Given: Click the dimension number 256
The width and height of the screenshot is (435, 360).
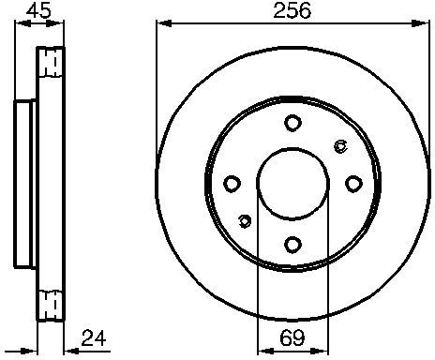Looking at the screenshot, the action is tap(292, 10).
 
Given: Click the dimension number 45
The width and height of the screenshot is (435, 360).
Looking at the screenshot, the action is tap(38, 10).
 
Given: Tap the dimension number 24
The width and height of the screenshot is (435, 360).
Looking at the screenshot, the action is tap(94, 337).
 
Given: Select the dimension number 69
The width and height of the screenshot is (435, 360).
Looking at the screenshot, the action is tap(292, 337).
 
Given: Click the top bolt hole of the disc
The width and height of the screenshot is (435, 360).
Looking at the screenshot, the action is tap(292, 123).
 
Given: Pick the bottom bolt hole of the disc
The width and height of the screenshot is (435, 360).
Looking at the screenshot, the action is tap(292, 245).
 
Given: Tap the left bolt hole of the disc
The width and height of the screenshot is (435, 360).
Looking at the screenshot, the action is tap(232, 184).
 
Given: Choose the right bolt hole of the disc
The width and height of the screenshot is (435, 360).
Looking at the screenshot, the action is tap(353, 184).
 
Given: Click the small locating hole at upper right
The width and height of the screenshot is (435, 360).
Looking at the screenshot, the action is tap(340, 146).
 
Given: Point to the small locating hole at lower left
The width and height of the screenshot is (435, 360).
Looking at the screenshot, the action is tap(245, 221).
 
